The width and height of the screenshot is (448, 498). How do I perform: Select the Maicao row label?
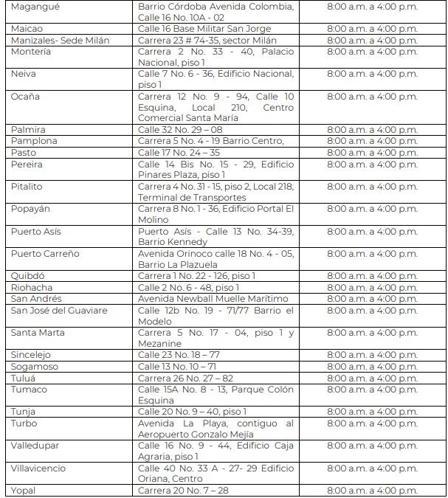tap(27, 29)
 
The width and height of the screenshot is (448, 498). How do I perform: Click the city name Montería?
tap(31, 52)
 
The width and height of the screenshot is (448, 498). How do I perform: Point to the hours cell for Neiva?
tap(371, 74)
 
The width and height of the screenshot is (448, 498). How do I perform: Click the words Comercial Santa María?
tap(188, 118)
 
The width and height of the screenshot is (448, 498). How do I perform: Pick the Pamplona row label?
tap(34, 141)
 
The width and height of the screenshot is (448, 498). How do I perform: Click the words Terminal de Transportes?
tap(192, 197)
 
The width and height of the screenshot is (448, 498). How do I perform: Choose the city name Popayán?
tap(31, 209)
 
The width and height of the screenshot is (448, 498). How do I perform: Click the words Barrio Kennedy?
tap(173, 242)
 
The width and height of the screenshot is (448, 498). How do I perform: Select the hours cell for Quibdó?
tap(371, 276)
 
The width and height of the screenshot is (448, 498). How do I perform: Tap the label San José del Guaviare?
tap(58, 310)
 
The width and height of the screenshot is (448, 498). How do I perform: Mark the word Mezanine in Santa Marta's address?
tap(159, 344)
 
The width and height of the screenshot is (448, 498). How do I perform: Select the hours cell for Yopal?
tap(371, 491)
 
